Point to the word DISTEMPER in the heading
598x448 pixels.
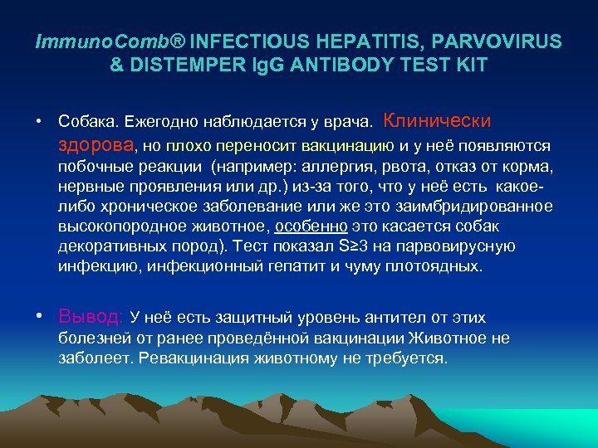tap(189, 65)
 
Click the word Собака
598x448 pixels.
tap(87, 123)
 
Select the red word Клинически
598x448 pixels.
tap(438, 121)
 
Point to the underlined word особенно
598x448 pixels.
tap(311, 226)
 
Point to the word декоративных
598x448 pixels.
tap(106, 246)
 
